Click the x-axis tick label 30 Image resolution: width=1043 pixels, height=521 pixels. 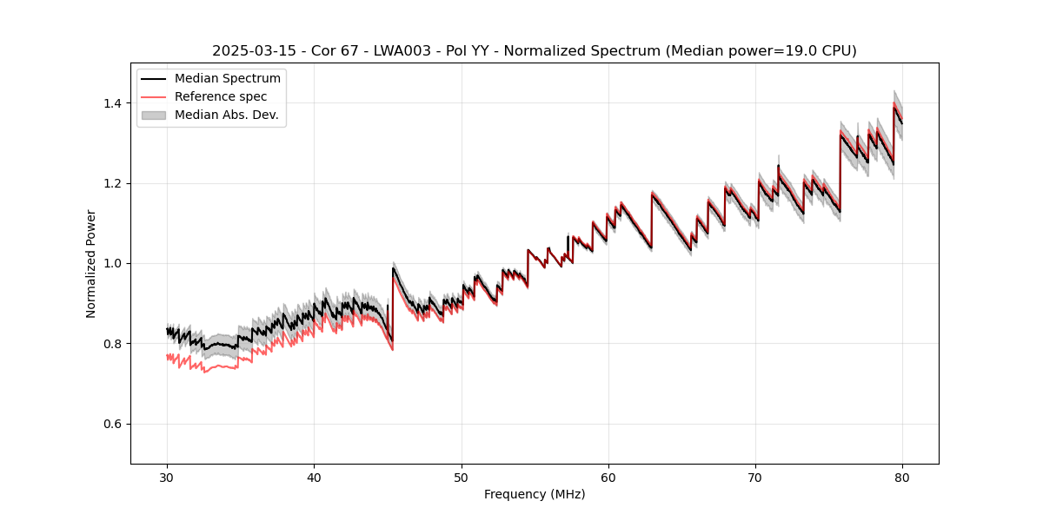pos(167,477)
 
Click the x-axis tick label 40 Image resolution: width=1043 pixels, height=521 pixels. pos(314,477)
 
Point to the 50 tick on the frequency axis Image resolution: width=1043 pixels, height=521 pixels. pos(461,477)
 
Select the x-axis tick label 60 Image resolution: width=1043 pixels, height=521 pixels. pos(608,477)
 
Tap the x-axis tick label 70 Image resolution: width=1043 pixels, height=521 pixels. pos(755,477)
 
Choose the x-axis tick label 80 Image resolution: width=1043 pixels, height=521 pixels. pos(902,477)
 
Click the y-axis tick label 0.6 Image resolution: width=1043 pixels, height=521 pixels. pos(113,424)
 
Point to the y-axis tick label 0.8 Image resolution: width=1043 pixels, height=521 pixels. pos(113,344)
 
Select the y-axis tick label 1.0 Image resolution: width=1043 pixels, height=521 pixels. pos(113,263)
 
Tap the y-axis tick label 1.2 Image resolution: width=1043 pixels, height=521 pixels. pos(113,183)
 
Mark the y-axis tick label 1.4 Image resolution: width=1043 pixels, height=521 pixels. pos(113,103)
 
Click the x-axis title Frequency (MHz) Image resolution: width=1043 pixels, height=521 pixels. pos(535,494)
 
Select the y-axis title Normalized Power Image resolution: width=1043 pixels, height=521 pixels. pos(90,263)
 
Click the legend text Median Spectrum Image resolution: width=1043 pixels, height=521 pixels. pos(228,79)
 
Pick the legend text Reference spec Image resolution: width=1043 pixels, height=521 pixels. pos(221,96)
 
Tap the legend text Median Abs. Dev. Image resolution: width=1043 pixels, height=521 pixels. pos(227,115)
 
